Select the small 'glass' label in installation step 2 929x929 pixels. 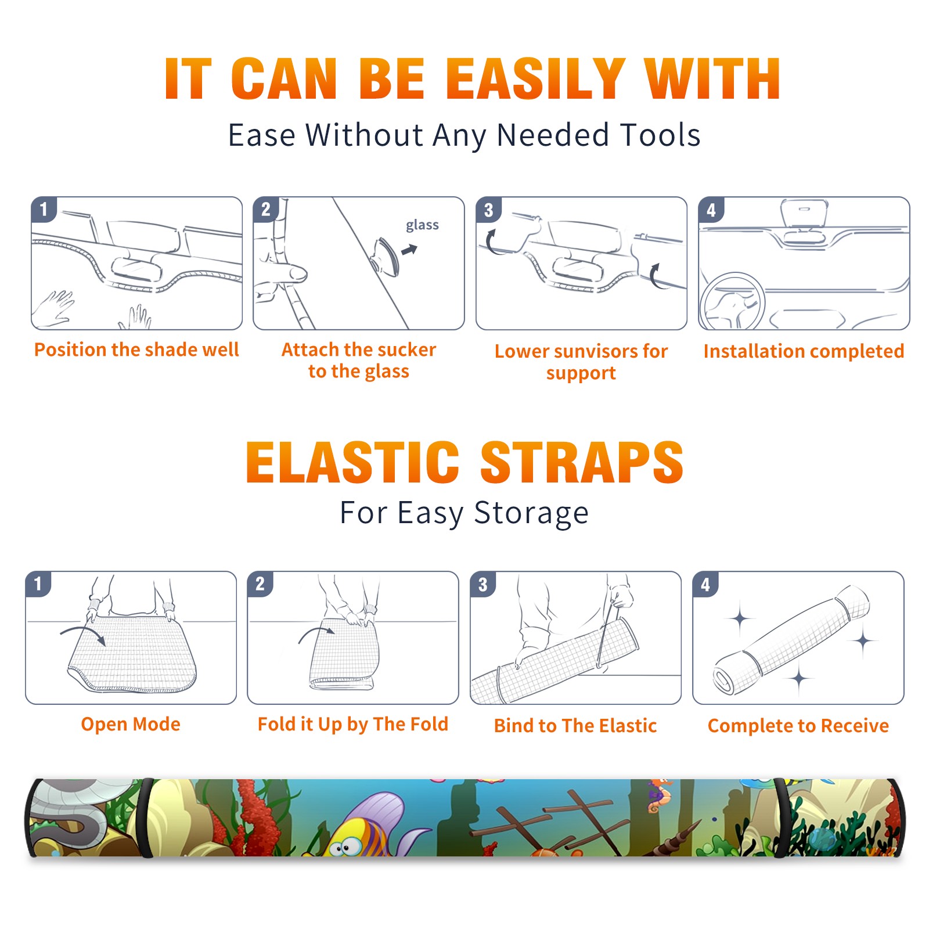pyautogui.click(x=422, y=225)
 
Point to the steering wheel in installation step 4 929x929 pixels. pyautogui.click(x=732, y=301)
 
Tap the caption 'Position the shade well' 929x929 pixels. pyautogui.click(x=136, y=350)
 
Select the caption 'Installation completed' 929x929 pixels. pyautogui.click(x=804, y=351)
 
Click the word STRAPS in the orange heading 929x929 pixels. pyautogui.click(x=582, y=462)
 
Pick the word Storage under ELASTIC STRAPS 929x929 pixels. pyautogui.click(x=531, y=513)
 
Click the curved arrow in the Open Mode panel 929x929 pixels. pyautogui.click(x=83, y=633)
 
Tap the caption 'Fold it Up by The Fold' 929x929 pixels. pyautogui.click(x=353, y=724)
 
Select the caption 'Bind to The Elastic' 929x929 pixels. pyautogui.click(x=575, y=726)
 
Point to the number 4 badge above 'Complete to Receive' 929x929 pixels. pyautogui.click(x=705, y=584)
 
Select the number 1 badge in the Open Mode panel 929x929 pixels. pyautogui.click(x=38, y=584)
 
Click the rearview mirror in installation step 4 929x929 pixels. pyautogui.click(x=804, y=213)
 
